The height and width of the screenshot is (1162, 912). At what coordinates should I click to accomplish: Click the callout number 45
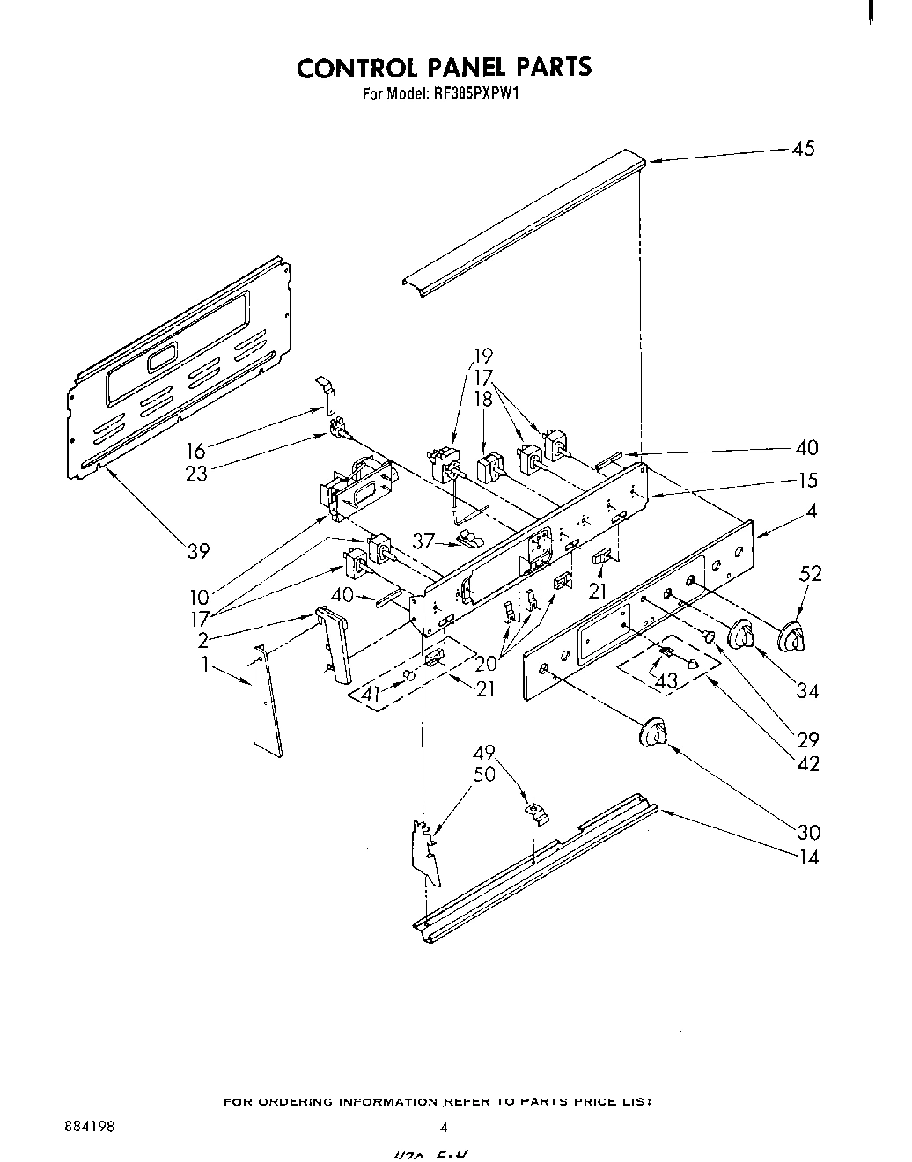(803, 148)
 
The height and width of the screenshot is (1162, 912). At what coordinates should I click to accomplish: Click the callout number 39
(199, 551)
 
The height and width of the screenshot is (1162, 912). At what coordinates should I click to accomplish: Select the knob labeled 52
(795, 636)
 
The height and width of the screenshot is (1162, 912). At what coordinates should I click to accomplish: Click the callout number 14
(807, 857)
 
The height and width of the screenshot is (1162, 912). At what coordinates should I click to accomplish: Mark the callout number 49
(484, 754)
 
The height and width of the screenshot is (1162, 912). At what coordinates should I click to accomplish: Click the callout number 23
(197, 474)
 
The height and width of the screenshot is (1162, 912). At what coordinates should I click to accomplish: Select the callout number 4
(812, 510)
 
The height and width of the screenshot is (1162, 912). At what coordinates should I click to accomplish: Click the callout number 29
(807, 739)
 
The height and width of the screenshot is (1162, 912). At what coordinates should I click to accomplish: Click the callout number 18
(483, 399)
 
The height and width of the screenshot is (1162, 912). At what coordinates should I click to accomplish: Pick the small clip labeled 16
(326, 394)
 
